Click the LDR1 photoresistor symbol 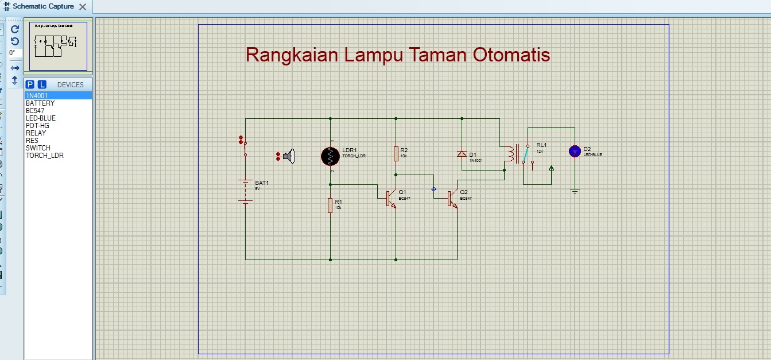pyautogui.click(x=331, y=155)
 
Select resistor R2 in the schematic pyautogui.click(x=396, y=153)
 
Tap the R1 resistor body pyautogui.click(x=330, y=205)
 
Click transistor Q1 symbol pyautogui.click(x=390, y=198)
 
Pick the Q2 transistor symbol pyautogui.click(x=452, y=198)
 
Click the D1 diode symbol pyautogui.click(x=462, y=154)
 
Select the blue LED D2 pyautogui.click(x=575, y=151)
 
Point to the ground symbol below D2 pyautogui.click(x=575, y=191)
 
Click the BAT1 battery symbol pyautogui.click(x=246, y=192)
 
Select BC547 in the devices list pyautogui.click(x=35, y=111)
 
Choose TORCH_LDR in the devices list pyautogui.click(x=44, y=156)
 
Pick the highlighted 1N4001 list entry pyautogui.click(x=37, y=96)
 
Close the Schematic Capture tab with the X pyautogui.click(x=83, y=7)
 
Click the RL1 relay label pyautogui.click(x=541, y=145)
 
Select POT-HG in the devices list pyautogui.click(x=37, y=126)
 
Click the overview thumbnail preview pyautogui.click(x=58, y=46)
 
